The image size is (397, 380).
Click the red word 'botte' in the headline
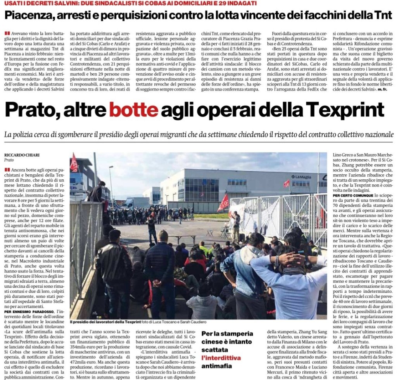pos(133,110)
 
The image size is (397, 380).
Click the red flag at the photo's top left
pos(74,162)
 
